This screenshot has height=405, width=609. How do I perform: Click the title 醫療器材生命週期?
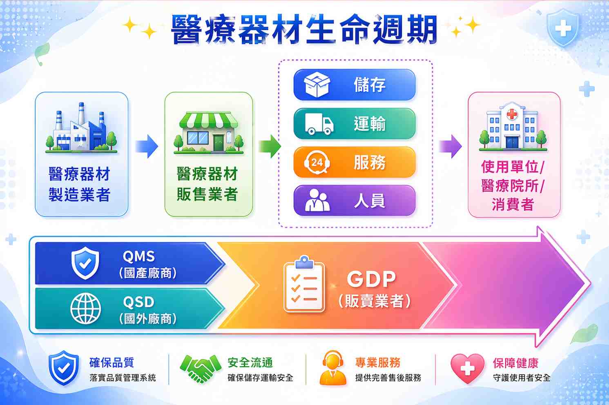coord(304,29)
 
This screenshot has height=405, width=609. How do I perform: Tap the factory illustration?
coord(81,127)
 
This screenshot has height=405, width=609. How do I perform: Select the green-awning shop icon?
coord(209,132)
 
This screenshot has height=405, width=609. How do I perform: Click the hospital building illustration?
coord(513,127)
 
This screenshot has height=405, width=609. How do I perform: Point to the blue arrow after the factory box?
coord(147,146)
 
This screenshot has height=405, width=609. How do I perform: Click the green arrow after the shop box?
coord(270,146)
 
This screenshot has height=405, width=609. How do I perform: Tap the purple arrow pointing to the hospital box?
coord(451,146)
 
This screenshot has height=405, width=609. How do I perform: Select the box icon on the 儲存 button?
coord(317,85)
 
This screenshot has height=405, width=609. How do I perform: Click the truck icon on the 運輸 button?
coord(319,124)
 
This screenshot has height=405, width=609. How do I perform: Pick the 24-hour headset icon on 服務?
coord(317,162)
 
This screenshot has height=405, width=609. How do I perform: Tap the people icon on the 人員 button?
coord(317,200)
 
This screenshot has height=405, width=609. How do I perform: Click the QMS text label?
coord(138,256)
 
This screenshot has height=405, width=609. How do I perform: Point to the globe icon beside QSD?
coord(85,309)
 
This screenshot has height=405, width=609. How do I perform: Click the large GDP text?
coord(371,279)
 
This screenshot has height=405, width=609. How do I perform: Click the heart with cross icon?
coord(467,368)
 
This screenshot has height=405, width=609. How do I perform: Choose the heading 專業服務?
coord(378,363)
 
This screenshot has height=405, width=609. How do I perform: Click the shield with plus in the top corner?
coord(563,28)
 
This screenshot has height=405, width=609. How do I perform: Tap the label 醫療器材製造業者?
coord(79,184)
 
